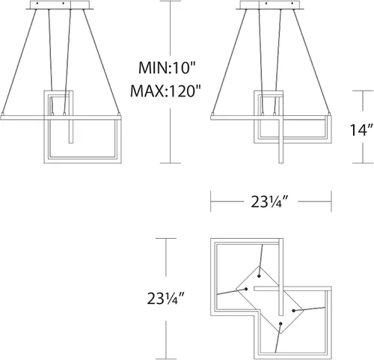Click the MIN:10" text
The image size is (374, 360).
[166, 67]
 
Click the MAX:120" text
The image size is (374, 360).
[165, 91]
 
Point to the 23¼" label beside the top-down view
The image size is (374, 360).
[166, 298]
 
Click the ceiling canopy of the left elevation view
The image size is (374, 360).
[60, 5]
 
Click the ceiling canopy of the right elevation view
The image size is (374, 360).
[270, 5]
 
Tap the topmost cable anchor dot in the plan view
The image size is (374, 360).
[260, 276]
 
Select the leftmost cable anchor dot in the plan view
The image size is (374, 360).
[246, 289]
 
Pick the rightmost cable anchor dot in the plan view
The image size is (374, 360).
[294, 311]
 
